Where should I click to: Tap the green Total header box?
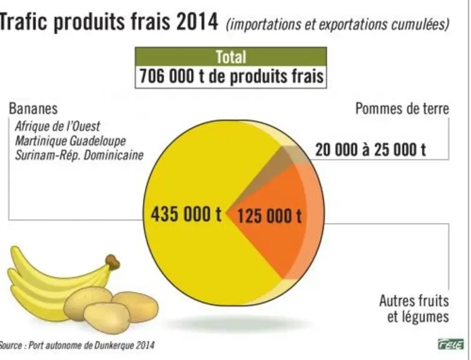point(231,56)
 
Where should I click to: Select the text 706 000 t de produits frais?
point(231,76)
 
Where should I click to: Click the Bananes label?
point(33,109)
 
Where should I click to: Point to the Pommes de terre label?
point(402,109)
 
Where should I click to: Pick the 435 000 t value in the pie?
point(186,214)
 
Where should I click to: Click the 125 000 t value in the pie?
point(269,216)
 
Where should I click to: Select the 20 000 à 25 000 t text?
point(370,149)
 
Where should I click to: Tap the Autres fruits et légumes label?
point(414,308)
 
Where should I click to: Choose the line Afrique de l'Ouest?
point(57,126)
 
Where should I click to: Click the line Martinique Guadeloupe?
point(71,141)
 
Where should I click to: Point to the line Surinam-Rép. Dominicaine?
point(79,156)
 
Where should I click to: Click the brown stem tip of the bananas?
point(112,261)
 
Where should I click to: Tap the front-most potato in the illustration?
point(106,318)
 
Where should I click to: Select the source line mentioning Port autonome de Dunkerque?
point(77,345)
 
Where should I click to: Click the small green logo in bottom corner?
point(450,344)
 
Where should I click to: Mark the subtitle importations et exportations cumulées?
point(337,24)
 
